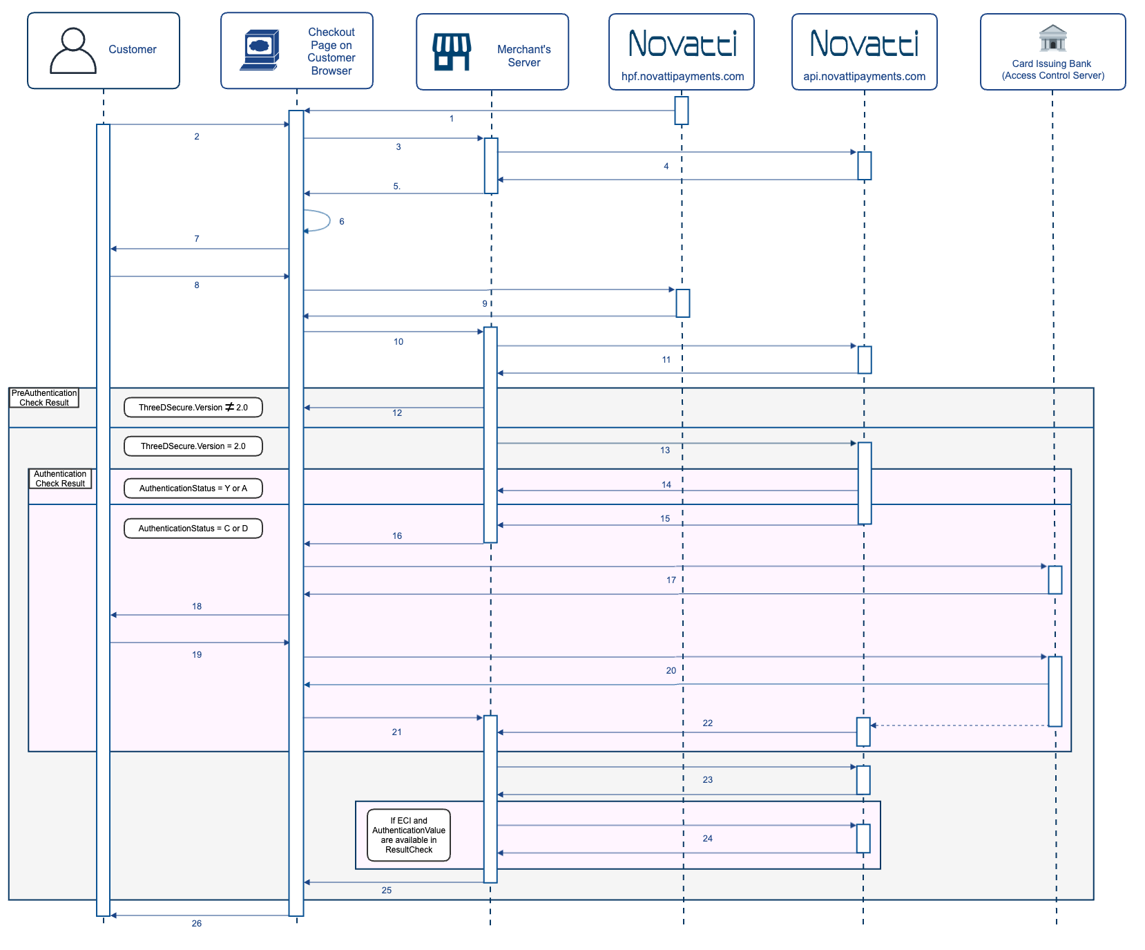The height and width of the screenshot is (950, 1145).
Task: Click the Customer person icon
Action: point(73,50)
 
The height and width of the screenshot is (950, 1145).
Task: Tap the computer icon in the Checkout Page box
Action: point(260,50)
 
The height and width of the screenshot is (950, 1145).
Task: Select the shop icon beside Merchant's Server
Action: point(452,52)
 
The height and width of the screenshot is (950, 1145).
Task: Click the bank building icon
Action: point(1052,38)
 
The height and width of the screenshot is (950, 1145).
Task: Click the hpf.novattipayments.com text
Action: point(682,77)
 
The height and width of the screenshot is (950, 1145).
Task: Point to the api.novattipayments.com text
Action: point(864,77)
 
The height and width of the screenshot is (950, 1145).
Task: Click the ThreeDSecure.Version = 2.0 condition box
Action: point(193,446)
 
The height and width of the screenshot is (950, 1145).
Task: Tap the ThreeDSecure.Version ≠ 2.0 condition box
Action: point(193,408)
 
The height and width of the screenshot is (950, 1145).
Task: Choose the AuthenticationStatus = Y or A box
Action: point(193,488)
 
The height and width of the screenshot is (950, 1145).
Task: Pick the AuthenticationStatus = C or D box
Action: point(193,529)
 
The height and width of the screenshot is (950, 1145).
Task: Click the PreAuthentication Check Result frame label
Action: point(44,398)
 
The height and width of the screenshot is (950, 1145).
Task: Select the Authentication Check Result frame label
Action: point(60,479)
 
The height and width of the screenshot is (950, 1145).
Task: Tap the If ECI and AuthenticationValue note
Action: point(409,835)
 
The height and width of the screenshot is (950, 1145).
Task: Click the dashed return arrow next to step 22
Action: point(960,725)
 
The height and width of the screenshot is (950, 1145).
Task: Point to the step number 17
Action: point(671,580)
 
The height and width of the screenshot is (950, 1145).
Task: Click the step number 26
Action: point(197,924)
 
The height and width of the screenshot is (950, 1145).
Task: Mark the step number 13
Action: point(665,450)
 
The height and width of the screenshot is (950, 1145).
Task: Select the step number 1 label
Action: point(452,119)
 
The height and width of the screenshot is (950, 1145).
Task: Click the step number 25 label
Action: point(387,891)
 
